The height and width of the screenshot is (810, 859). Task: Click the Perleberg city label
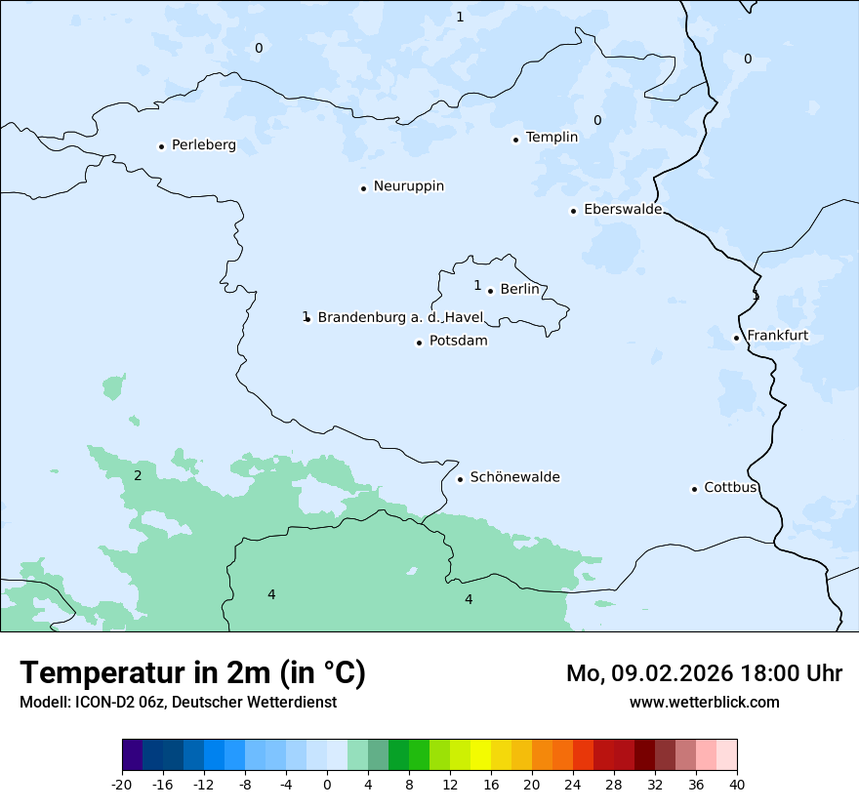pyautogui.click(x=203, y=145)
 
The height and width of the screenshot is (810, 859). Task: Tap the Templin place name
pyautogui.click(x=552, y=138)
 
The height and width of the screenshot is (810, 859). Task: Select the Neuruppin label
pyautogui.click(x=408, y=186)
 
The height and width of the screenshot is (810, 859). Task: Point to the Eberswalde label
pyautogui.click(x=622, y=210)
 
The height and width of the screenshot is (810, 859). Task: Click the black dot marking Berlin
pyautogui.click(x=490, y=290)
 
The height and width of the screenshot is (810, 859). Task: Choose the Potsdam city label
pyautogui.click(x=458, y=342)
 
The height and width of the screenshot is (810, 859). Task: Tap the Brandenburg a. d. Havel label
pyautogui.click(x=400, y=317)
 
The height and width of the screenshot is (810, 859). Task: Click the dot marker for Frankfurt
pyautogui.click(x=736, y=339)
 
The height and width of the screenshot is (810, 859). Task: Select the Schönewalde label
pyautogui.click(x=514, y=477)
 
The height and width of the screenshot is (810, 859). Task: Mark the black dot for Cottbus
pyautogui.click(x=694, y=489)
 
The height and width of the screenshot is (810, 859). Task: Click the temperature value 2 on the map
pyautogui.click(x=138, y=476)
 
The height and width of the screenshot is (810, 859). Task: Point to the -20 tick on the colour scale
pyautogui.click(x=122, y=785)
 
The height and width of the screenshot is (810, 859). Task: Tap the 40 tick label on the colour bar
pyautogui.click(x=737, y=785)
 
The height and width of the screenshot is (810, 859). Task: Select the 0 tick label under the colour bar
pyautogui.click(x=327, y=785)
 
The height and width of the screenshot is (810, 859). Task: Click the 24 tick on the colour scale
pyautogui.click(x=573, y=785)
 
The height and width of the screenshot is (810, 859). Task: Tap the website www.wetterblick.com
pyautogui.click(x=704, y=703)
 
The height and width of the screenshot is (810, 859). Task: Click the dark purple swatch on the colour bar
pyautogui.click(x=132, y=755)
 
